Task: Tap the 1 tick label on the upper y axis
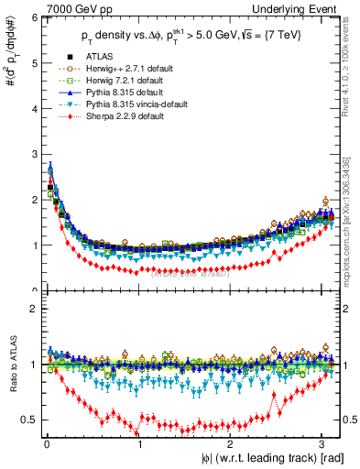coord(33,245)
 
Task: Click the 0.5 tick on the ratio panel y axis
coord(28,420)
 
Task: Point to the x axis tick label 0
coord(46,444)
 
